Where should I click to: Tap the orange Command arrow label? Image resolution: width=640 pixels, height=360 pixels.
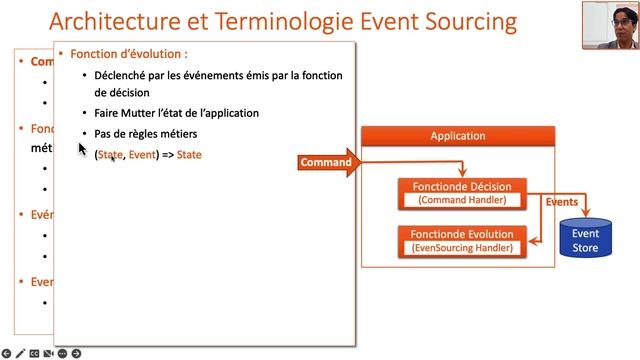pos(326,162)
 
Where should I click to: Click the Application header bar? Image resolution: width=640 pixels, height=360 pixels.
pos(457,136)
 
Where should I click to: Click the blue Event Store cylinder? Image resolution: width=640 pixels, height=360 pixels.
pos(585,239)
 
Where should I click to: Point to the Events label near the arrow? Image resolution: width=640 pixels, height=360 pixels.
pos(561,202)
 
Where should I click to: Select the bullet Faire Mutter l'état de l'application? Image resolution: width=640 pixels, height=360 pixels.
pos(176,113)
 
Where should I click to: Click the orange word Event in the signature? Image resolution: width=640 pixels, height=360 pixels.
pos(142,155)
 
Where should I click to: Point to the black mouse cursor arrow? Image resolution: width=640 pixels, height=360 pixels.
pos(82,148)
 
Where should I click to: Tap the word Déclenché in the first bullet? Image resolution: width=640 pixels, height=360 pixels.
pos(125,74)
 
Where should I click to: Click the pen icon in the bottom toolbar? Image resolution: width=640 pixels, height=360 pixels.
pos(20,353)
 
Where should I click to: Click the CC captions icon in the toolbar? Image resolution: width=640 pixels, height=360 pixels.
pos(34,353)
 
